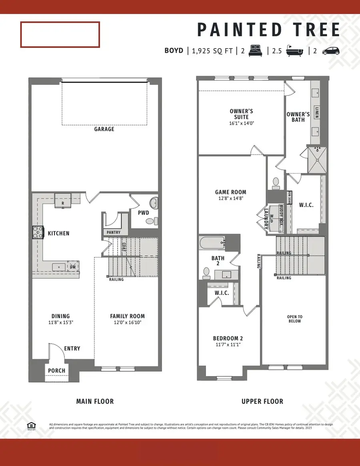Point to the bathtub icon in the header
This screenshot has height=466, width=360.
pos(295,51)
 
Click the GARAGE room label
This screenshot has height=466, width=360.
pos(104,129)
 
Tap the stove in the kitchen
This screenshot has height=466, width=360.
pos(38,233)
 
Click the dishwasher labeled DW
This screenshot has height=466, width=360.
pos(73,267)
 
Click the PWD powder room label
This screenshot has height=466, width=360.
pos(144,213)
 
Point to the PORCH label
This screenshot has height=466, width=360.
pos(56,370)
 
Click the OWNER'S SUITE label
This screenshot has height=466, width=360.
pos(241,114)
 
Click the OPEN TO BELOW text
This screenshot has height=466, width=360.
pos(294,319)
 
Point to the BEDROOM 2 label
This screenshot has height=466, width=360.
pos(227,339)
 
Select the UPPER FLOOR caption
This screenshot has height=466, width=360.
pos(262,401)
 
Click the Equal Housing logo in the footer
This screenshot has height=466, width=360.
pos(30,426)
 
